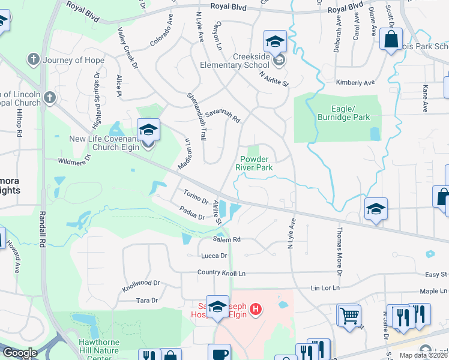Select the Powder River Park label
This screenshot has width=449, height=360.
(x=256, y=163)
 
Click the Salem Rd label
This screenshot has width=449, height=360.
(x=226, y=239)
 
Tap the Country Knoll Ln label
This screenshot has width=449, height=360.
(x=222, y=273)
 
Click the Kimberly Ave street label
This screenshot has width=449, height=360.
(x=355, y=82)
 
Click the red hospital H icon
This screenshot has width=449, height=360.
(x=256, y=310)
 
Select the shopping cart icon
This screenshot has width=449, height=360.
(x=349, y=314)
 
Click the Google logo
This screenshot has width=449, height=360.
(x=20, y=353)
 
